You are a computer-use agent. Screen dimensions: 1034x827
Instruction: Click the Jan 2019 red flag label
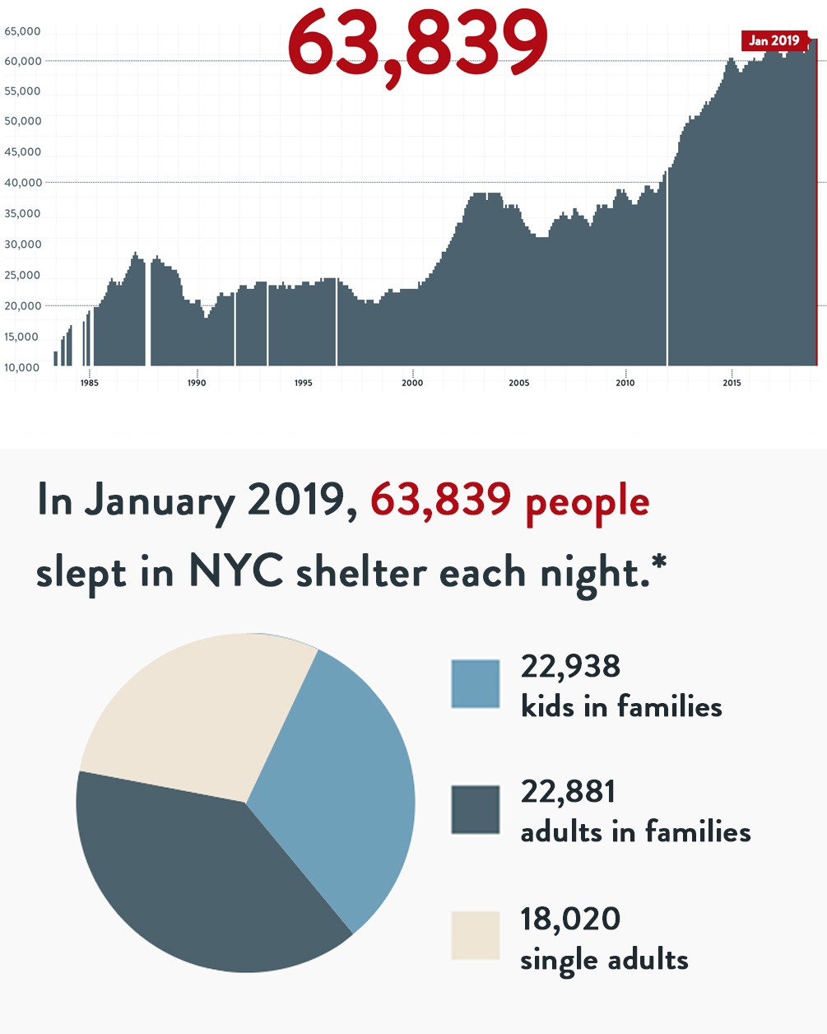(x=774, y=40)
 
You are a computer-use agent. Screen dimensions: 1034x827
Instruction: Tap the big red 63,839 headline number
(x=417, y=41)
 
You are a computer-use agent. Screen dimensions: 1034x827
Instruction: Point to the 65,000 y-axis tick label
(x=22, y=31)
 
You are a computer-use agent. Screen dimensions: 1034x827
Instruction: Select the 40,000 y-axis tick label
(x=22, y=183)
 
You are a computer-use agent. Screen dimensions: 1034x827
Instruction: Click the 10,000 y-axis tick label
(x=22, y=367)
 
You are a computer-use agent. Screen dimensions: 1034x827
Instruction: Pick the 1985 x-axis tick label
(x=89, y=383)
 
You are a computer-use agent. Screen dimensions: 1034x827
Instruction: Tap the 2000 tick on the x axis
(x=412, y=383)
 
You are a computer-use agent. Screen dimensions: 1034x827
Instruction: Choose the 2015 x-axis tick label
(x=732, y=383)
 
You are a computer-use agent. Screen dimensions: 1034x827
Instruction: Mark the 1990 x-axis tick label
(x=197, y=383)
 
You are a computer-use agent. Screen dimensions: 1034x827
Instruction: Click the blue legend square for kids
(x=476, y=684)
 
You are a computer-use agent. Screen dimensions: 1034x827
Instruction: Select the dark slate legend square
(x=476, y=809)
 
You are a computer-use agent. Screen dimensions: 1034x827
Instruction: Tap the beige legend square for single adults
(x=476, y=935)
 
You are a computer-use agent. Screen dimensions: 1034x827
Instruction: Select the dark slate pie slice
(x=197, y=881)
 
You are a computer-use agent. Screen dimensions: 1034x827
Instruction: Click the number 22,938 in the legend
(x=570, y=666)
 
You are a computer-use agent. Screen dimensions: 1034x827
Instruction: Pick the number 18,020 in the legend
(x=570, y=919)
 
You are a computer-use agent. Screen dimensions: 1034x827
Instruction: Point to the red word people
(x=588, y=502)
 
